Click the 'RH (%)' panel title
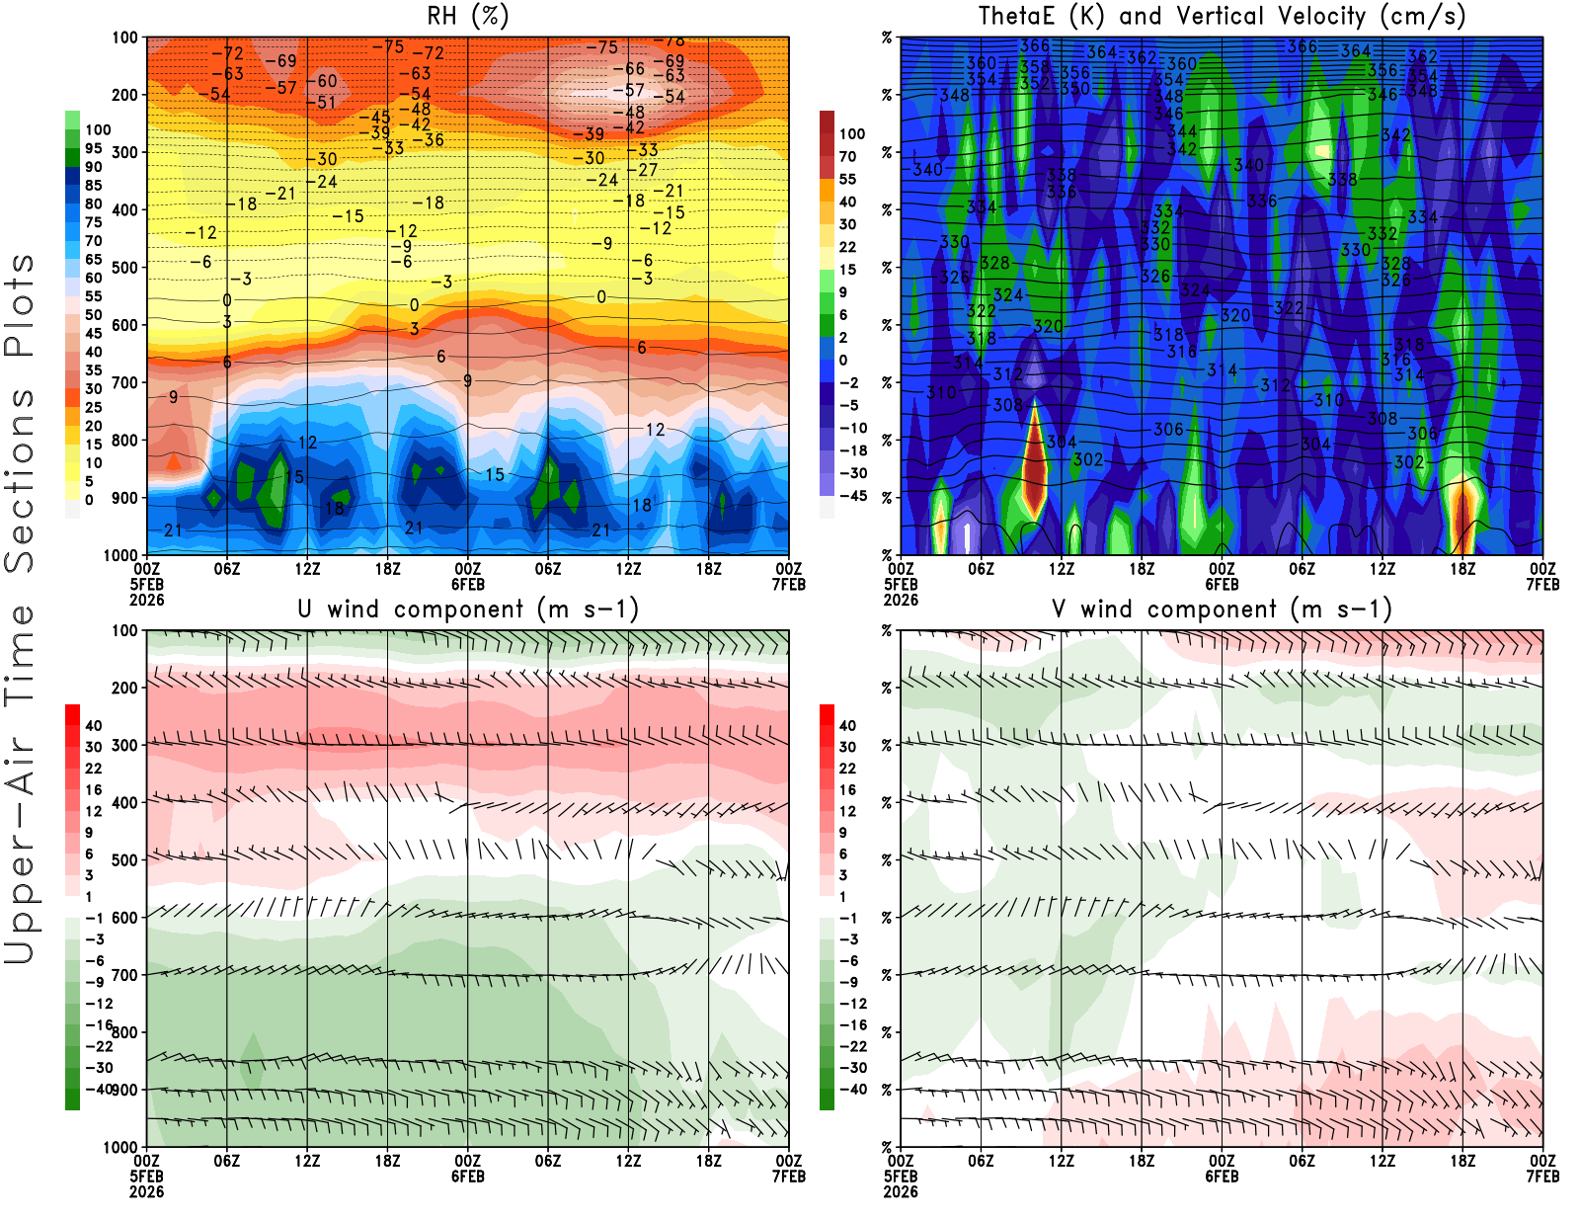click(x=467, y=16)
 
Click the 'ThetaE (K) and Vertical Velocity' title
click(x=1222, y=16)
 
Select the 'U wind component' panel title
click(x=468, y=609)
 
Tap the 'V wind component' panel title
click(x=1222, y=609)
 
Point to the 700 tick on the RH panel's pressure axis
click(x=125, y=382)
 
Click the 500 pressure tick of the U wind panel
click(x=125, y=860)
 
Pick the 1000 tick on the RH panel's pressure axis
click(x=121, y=555)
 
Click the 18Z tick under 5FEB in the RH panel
click(x=387, y=569)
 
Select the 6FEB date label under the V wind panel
click(x=1222, y=1177)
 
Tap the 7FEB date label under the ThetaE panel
click(x=1542, y=585)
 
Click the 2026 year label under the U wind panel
click(x=146, y=1192)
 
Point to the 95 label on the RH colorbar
click(x=94, y=148)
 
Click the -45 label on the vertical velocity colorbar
click(x=853, y=496)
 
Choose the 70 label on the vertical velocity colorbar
click(x=848, y=156)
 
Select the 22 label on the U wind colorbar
click(x=94, y=769)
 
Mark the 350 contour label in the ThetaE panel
click(x=1074, y=89)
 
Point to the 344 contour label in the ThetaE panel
click(x=1182, y=131)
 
